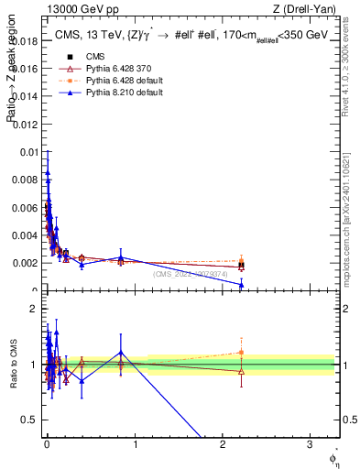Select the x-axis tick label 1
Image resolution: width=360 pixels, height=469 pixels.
[x=135, y=449]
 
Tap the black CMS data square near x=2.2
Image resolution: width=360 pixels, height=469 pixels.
[x=241, y=266]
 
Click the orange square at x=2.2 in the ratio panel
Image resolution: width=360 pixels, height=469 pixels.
[x=241, y=353]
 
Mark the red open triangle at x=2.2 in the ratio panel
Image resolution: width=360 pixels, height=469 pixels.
[x=241, y=371]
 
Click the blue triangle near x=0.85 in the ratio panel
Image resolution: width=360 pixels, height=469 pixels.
[x=120, y=353]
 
